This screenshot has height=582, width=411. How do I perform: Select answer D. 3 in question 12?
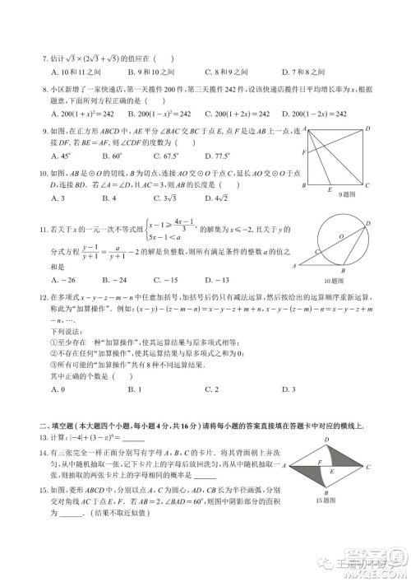click(x=286, y=388)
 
